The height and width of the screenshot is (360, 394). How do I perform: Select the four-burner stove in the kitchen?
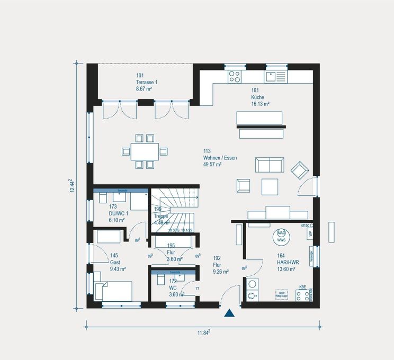click(234, 77)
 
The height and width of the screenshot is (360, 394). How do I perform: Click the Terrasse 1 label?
click(147, 83)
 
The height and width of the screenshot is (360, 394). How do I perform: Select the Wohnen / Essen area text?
click(219, 158)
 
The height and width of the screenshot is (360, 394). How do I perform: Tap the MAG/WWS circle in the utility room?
click(281, 237)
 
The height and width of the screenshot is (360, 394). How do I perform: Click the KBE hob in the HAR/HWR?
click(303, 295)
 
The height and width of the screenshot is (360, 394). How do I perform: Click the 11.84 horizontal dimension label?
click(203, 332)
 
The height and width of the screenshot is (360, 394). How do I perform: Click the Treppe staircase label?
click(161, 217)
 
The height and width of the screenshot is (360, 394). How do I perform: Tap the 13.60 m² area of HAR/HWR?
click(286, 269)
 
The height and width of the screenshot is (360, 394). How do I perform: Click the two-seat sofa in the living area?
click(269, 165)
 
